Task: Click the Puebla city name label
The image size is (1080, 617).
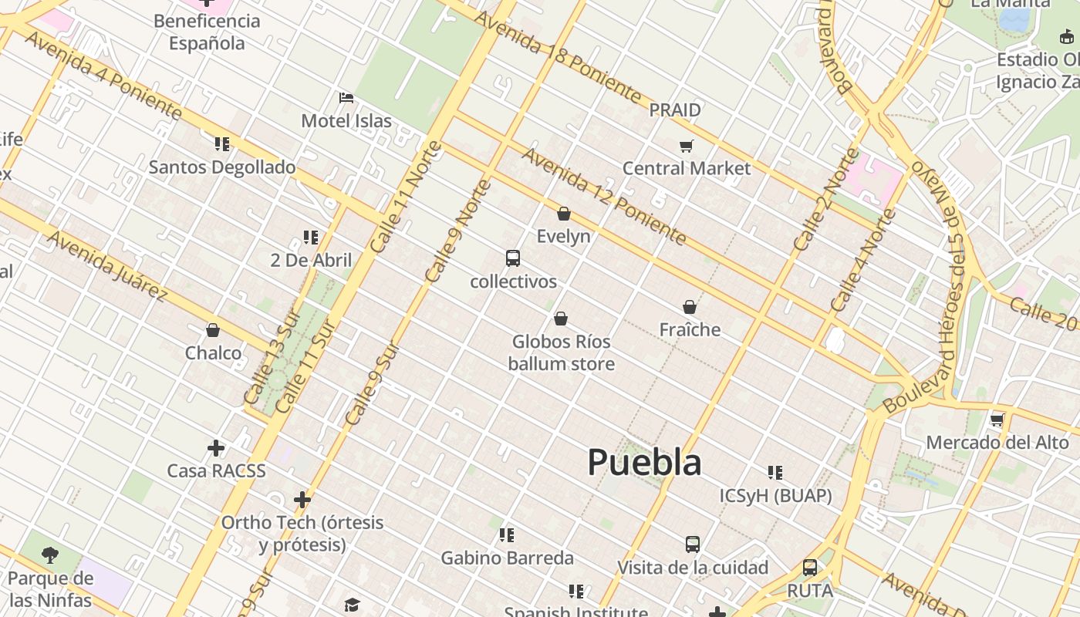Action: click(x=644, y=462)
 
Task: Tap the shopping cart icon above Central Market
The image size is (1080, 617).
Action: click(x=686, y=146)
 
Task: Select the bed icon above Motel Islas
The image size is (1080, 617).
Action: click(x=346, y=98)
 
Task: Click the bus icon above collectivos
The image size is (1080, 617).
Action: click(x=513, y=258)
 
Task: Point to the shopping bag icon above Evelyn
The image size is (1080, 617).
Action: click(x=564, y=214)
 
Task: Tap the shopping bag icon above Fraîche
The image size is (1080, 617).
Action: click(x=690, y=307)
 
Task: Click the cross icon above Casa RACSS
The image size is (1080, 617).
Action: click(x=216, y=447)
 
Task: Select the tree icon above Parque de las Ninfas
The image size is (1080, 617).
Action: click(x=50, y=555)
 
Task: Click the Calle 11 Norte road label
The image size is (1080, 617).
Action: click(x=406, y=197)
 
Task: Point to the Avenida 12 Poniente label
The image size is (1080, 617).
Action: click(x=604, y=197)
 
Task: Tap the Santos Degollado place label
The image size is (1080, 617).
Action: click(x=222, y=167)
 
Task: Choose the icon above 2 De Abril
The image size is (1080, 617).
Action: click(x=311, y=237)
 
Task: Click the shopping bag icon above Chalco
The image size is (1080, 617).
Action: click(x=213, y=330)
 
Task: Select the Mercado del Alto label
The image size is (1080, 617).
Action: click(x=997, y=443)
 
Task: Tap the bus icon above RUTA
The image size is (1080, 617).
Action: click(x=810, y=568)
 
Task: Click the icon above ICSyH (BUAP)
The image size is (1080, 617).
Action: click(x=775, y=472)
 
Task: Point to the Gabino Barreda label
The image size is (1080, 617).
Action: click(x=507, y=558)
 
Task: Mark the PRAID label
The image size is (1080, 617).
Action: click(x=675, y=110)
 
